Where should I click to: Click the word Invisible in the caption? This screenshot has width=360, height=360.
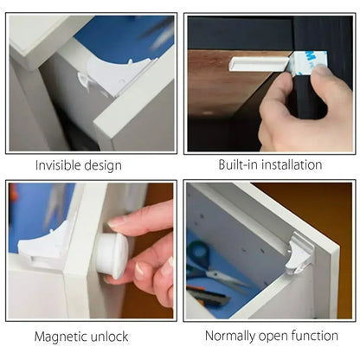pyautogui.click(x=59, y=165)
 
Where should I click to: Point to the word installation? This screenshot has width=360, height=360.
pyautogui.click(x=292, y=164)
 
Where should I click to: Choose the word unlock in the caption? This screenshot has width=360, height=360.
pyautogui.click(x=111, y=336)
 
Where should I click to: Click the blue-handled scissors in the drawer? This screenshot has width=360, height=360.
pyautogui.click(x=204, y=260)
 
